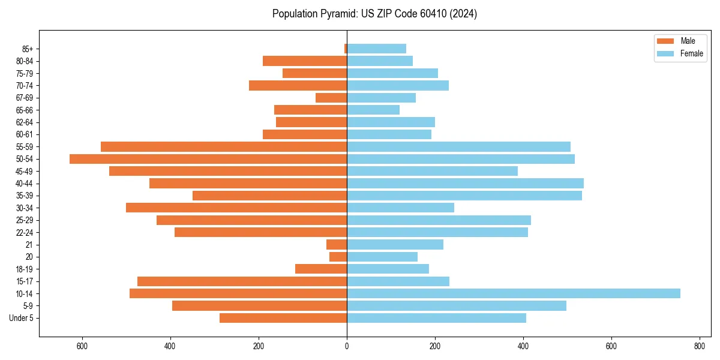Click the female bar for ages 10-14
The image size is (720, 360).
point(514,293)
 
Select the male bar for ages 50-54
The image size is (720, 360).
point(208,159)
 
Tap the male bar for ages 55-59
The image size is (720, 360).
point(224,146)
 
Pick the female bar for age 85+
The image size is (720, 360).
point(376,49)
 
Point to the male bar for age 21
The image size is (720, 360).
point(337,244)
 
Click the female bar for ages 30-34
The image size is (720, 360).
point(400,208)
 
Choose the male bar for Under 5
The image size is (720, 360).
point(283,318)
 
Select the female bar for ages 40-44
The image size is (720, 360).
point(465,183)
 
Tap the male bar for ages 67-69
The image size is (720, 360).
point(331,98)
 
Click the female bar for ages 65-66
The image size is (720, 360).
point(373,110)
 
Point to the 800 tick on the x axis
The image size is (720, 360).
point(700,346)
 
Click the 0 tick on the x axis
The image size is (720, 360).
point(347,346)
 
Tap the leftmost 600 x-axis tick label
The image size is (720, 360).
point(82,346)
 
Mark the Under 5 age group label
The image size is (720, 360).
point(22,318)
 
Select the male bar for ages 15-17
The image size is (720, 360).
point(242,281)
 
